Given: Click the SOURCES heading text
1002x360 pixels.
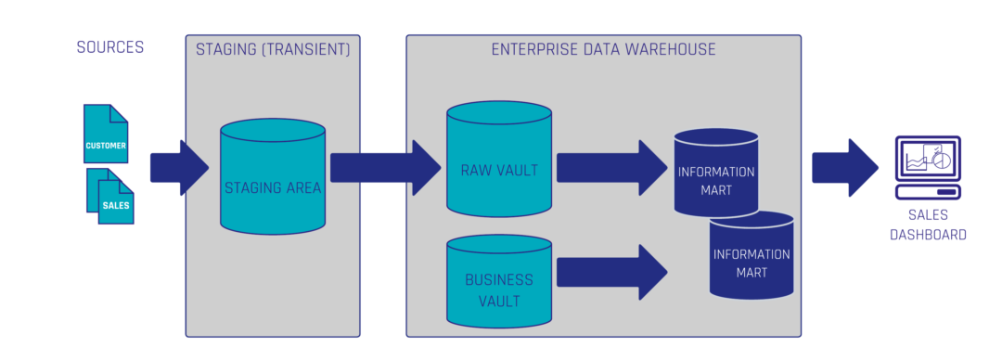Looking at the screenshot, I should point(109,47).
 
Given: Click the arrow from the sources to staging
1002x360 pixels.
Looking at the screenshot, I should point(179,168).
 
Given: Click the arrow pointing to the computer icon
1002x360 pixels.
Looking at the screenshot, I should point(844,168).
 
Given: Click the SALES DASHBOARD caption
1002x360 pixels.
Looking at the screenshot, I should point(928,225).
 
